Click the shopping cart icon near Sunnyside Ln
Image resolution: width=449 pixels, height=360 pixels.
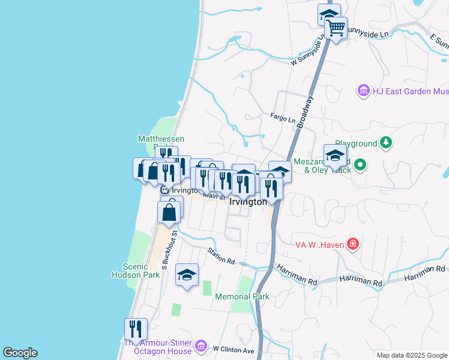tap(336, 27)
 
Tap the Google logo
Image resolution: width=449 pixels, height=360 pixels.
tap(20, 353)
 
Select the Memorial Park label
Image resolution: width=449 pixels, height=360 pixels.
tap(242, 296)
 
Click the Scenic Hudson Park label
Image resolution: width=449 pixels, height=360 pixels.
tap(136, 271)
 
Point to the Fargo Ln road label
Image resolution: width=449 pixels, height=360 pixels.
tap(283, 118)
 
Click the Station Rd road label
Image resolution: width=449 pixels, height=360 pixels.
tap(221, 256)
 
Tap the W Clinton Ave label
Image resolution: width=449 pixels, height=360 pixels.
tap(234, 350)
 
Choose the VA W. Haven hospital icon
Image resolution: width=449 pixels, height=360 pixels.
tap(353, 244)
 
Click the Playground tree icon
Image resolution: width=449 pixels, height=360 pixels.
tap(388, 143)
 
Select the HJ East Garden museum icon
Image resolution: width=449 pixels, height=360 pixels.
tap(363, 91)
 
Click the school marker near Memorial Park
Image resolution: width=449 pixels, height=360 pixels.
tap(187, 275)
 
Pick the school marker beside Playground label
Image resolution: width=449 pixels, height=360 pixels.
tap(335, 156)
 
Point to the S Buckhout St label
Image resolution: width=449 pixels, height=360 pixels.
tap(169, 247)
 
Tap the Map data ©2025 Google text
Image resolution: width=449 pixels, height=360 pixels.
tap(411, 355)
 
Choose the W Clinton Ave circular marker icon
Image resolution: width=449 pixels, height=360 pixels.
tap(202, 347)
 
